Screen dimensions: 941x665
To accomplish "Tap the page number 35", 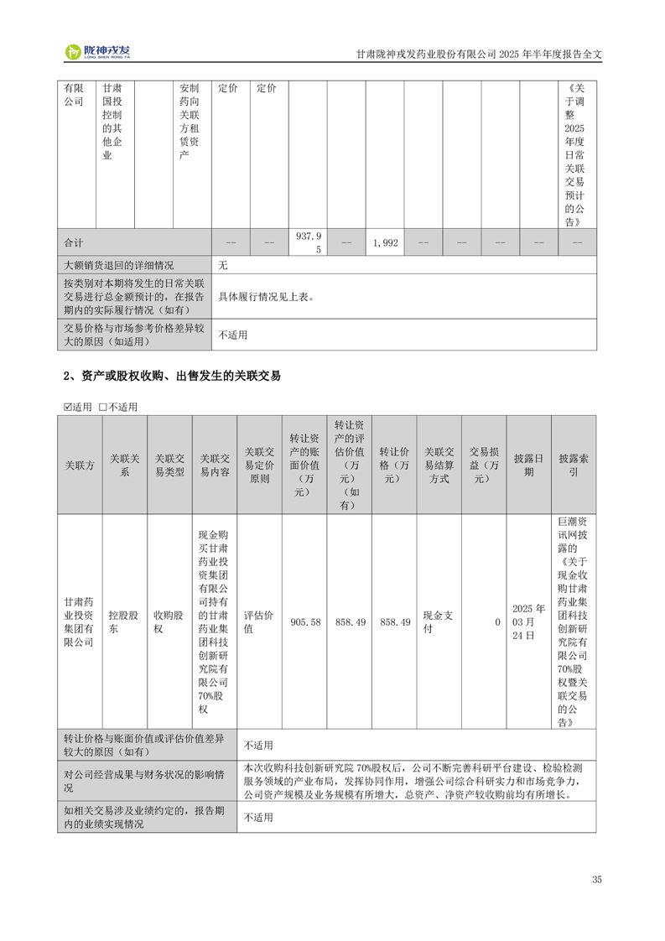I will tap(597, 880).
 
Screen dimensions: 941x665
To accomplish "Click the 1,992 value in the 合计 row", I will tap(385, 242).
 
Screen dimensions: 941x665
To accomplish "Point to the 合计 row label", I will tap(75, 242).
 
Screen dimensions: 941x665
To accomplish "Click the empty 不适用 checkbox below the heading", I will tap(103, 407).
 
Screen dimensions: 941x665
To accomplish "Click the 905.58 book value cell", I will tap(304, 622).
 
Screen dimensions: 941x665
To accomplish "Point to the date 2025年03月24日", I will tap(528, 622).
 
